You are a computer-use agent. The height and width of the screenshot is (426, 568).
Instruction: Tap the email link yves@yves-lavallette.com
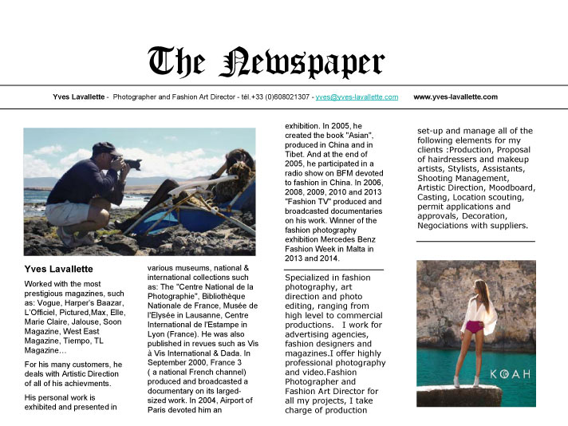(x=357, y=97)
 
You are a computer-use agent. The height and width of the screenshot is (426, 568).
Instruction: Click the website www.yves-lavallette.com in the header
(x=456, y=97)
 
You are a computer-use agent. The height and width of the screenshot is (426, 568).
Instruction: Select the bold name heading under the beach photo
(x=59, y=270)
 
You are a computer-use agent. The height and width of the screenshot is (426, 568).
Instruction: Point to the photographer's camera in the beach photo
(x=129, y=163)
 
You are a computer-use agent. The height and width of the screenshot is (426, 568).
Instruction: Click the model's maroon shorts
(x=473, y=326)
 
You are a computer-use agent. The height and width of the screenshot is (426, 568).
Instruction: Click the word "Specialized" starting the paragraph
(x=309, y=277)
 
